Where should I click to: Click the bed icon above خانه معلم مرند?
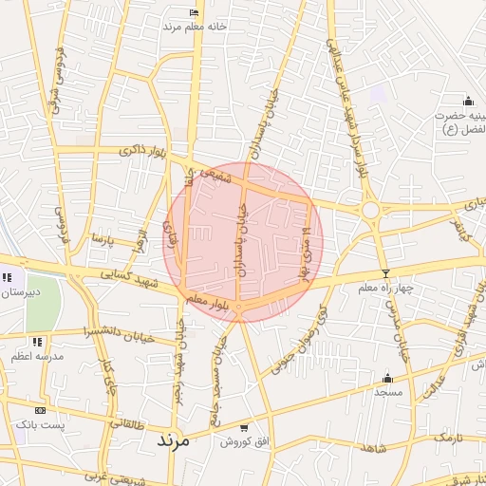[195, 12]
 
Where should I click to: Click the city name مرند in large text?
[172, 441]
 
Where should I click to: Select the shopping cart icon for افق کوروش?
[246, 428]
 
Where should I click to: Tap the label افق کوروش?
[243, 442]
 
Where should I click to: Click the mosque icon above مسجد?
[387, 377]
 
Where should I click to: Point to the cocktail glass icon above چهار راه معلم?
[384, 273]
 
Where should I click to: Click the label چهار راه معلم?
[385, 287]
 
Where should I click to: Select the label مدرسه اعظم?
[37, 356]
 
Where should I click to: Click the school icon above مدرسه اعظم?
[37, 341]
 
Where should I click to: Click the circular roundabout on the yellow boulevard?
[370, 209]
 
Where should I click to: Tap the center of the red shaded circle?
[243, 242]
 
